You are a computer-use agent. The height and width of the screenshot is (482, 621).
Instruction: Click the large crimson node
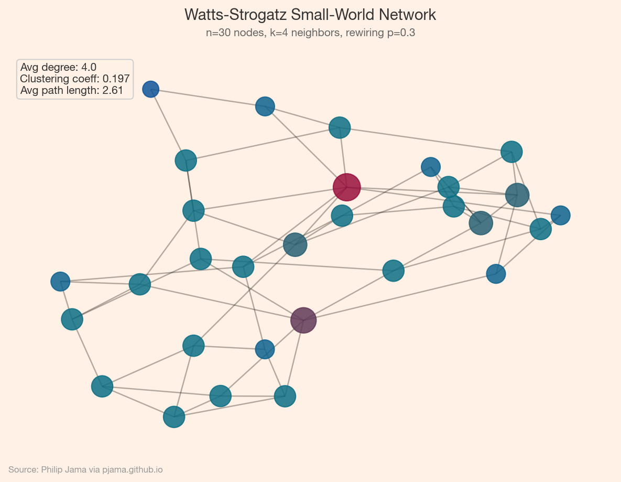[346, 187]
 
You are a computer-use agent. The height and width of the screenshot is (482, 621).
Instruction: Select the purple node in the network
[303, 320]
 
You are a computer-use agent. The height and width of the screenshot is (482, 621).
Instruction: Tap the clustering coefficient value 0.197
[116, 79]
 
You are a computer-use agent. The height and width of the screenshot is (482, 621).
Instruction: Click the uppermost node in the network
[151, 89]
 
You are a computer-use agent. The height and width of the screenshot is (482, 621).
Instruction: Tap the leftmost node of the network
[60, 282]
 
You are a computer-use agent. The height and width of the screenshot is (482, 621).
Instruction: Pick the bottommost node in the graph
[174, 417]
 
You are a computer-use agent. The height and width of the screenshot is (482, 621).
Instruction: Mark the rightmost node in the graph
[561, 215]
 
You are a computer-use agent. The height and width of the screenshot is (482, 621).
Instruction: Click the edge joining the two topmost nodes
[208, 98]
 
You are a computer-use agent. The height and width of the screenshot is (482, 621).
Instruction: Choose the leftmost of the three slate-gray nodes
[295, 244]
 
